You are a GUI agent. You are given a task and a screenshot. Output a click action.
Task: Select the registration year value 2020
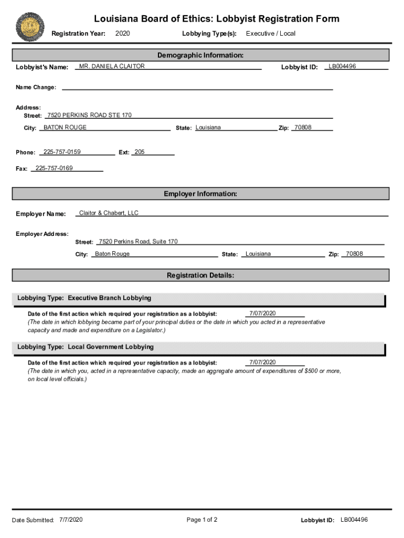122,34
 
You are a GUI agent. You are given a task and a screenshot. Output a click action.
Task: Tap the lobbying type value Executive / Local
271,34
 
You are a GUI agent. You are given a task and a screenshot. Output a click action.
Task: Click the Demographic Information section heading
200,55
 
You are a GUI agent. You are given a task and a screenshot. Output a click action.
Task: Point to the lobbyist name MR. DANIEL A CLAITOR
112,66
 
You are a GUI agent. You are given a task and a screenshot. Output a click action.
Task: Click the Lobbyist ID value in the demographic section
342,66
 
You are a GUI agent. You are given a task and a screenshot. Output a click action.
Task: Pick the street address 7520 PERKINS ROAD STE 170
89,115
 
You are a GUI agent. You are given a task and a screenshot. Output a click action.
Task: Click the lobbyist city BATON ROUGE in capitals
65,128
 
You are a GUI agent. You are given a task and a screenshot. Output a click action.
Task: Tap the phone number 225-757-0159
62,152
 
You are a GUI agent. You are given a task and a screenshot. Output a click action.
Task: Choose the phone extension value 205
139,152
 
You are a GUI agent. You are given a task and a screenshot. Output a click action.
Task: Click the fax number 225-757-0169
54,168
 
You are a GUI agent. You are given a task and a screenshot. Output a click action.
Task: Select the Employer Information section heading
200,194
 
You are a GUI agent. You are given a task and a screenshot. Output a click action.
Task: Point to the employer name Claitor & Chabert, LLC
109,213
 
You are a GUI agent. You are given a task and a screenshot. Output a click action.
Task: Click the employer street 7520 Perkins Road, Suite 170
138,242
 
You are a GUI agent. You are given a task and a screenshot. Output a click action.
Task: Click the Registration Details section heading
200,275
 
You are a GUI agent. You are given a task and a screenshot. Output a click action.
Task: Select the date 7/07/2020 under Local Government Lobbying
262,362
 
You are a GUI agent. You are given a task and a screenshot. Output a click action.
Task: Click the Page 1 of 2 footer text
202,520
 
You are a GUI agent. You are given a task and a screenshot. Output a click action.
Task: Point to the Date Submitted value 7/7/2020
71,520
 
